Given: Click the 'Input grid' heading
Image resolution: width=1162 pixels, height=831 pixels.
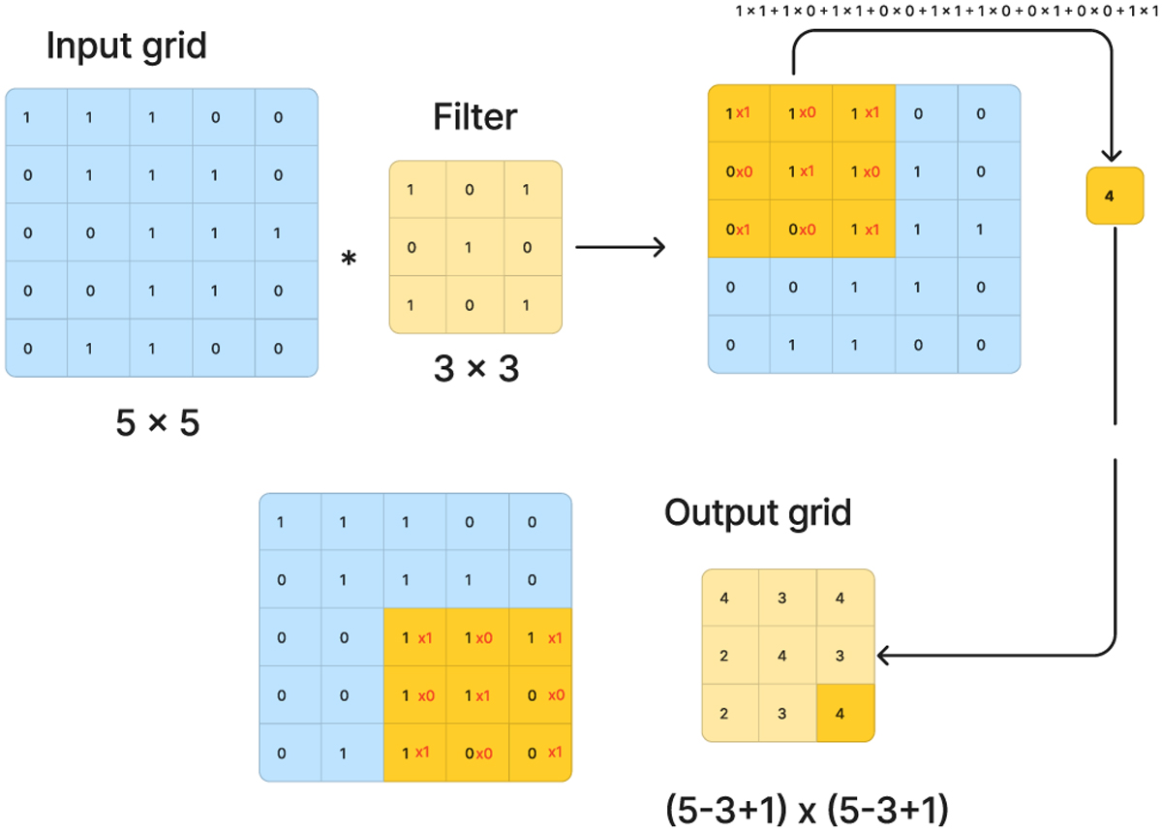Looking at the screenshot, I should pos(126,46).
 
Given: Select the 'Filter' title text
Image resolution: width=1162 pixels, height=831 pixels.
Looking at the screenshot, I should pos(474,118).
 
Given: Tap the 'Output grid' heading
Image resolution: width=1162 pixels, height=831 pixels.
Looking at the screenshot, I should pos(757,512).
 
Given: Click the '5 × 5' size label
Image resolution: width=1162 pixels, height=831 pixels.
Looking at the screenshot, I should pos(158,423).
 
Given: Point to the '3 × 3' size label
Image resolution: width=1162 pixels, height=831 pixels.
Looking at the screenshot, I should pos(474,368).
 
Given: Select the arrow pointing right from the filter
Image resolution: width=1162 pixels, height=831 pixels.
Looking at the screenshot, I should pos(620,247).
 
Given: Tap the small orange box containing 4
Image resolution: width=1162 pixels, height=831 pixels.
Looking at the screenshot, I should pos(1109,196).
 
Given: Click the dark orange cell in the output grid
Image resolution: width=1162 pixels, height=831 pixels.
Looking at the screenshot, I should pos(845,715).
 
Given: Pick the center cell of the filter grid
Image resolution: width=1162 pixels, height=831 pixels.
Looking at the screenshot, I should pos(474,247).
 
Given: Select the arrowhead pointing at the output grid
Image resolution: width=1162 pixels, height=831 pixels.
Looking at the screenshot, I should pos(883,656).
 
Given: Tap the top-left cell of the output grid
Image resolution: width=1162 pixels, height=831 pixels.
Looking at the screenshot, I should pos(726,598).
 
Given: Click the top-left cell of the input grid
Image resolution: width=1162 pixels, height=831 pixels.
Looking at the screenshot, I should pos(36,118).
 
